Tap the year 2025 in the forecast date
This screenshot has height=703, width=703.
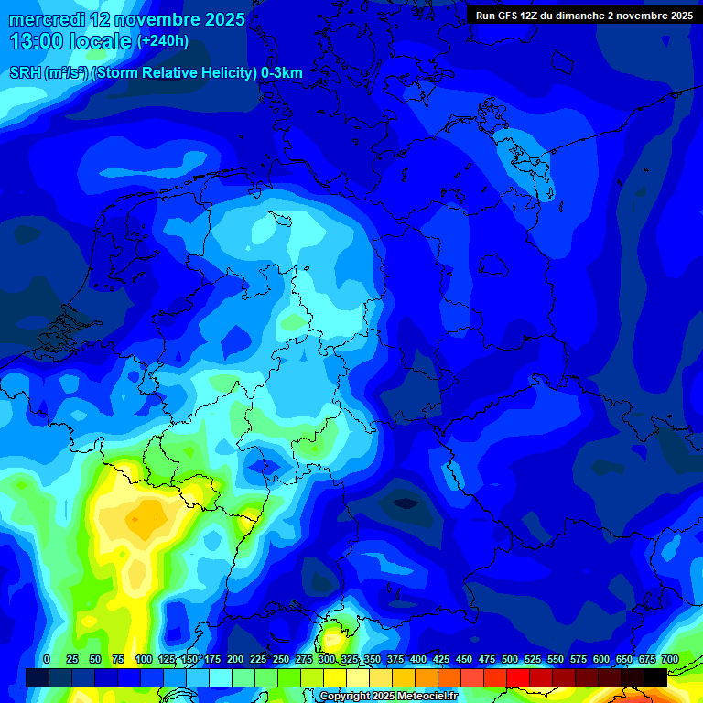click(x=218, y=19)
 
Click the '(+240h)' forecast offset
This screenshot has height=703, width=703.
click(x=163, y=41)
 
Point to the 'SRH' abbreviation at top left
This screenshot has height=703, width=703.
click(x=25, y=73)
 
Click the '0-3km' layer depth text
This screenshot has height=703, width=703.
click(x=282, y=73)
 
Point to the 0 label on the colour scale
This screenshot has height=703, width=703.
click(x=47, y=659)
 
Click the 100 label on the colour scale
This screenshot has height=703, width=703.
click(x=143, y=659)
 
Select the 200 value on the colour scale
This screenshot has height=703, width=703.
click(x=235, y=659)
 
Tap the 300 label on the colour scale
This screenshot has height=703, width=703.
click(x=327, y=659)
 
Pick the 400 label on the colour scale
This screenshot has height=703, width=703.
click(x=418, y=659)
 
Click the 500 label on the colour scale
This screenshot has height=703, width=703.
click(x=510, y=659)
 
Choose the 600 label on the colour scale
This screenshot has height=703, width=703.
click(x=601, y=659)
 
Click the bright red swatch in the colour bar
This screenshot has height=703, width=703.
click(x=517, y=677)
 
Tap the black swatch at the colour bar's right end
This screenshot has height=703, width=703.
click(x=654, y=677)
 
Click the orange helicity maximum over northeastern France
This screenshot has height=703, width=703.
click(x=137, y=519)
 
